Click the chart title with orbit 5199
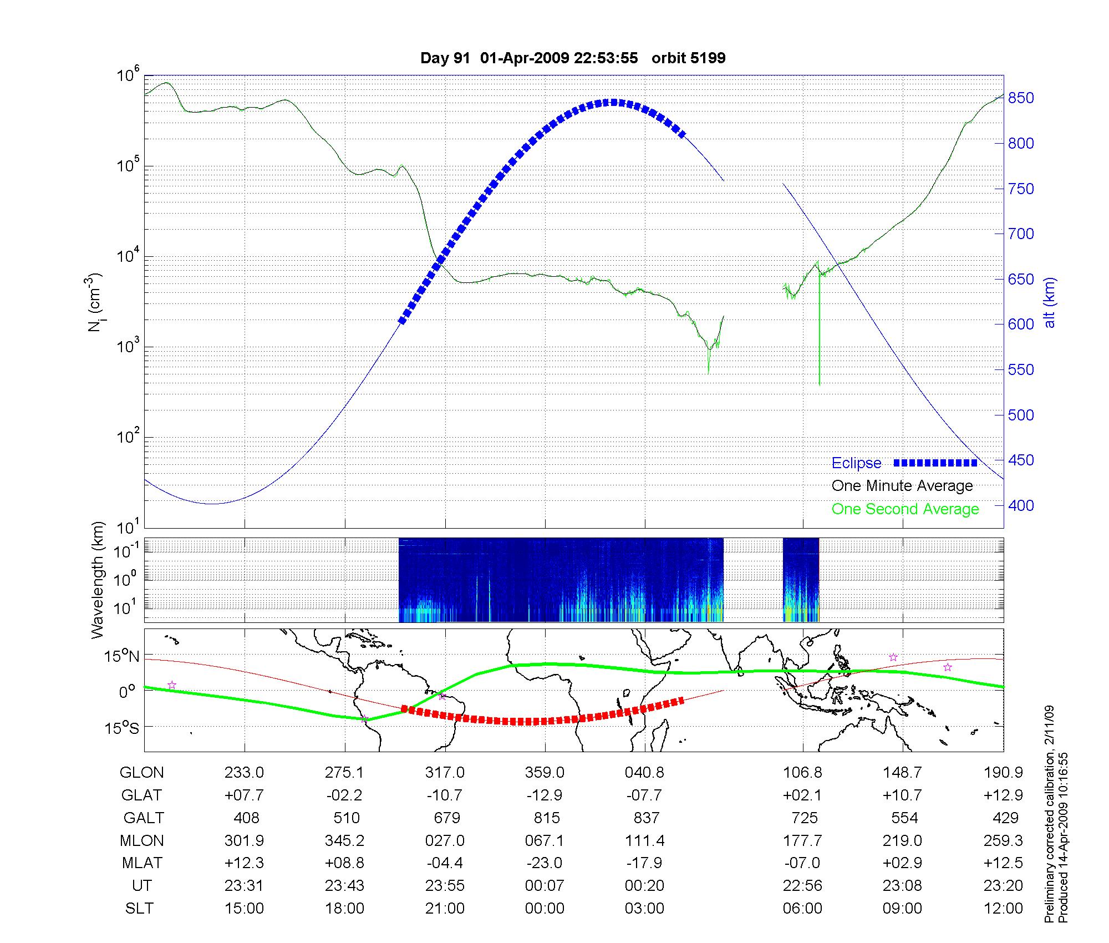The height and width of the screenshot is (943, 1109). [573, 58]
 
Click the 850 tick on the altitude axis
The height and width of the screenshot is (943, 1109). [1021, 98]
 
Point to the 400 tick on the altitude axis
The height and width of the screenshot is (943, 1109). [1021, 506]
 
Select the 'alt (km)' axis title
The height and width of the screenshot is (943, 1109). [1049, 302]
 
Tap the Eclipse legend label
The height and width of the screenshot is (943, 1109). [856, 463]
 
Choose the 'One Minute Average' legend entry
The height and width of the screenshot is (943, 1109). [902, 486]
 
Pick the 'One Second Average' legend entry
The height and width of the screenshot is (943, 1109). [905, 509]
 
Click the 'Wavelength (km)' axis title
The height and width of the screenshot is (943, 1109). [98, 580]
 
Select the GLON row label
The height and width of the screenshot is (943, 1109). [142, 773]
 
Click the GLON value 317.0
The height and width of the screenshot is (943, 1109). [445, 773]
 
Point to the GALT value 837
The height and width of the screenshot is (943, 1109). [646, 818]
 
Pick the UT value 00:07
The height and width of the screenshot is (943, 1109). [545, 885]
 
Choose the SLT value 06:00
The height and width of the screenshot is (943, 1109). [802, 908]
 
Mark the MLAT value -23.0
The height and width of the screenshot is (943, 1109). [545, 863]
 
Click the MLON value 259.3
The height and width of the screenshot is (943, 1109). [1003, 840]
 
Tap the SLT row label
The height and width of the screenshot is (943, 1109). [139, 908]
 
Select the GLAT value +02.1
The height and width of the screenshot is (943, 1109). [802, 795]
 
